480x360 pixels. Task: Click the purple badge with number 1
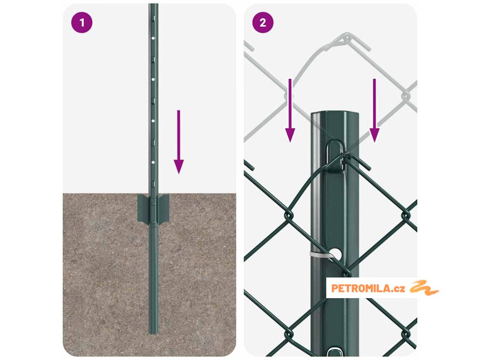pos(82,22)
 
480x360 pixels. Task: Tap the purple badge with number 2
pos(262,22)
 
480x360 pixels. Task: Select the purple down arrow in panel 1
pos(179,142)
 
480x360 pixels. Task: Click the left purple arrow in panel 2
pos(290,111)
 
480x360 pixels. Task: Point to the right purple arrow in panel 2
pos(375,111)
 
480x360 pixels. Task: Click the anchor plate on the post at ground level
pos(153,209)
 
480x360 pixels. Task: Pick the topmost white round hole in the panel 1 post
pos(153,38)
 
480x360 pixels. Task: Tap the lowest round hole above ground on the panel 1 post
pos(153,162)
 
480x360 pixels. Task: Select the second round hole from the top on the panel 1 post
pos(153,80)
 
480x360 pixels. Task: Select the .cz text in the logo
pos(398,289)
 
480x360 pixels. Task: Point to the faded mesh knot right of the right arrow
pos(405,96)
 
